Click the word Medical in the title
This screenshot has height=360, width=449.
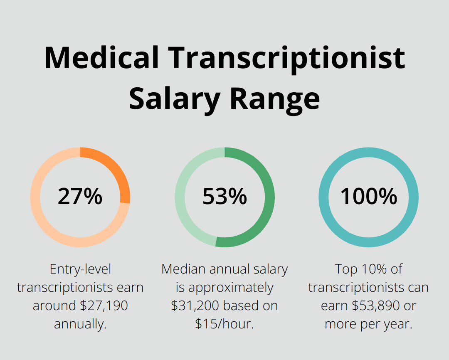(x=101, y=58)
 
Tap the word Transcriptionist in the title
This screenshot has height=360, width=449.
(x=287, y=59)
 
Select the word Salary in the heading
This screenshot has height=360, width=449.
(x=175, y=99)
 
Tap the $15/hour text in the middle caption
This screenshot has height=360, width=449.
(x=224, y=324)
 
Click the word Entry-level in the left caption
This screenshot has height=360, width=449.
(x=80, y=269)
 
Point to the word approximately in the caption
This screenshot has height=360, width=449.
(x=231, y=287)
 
